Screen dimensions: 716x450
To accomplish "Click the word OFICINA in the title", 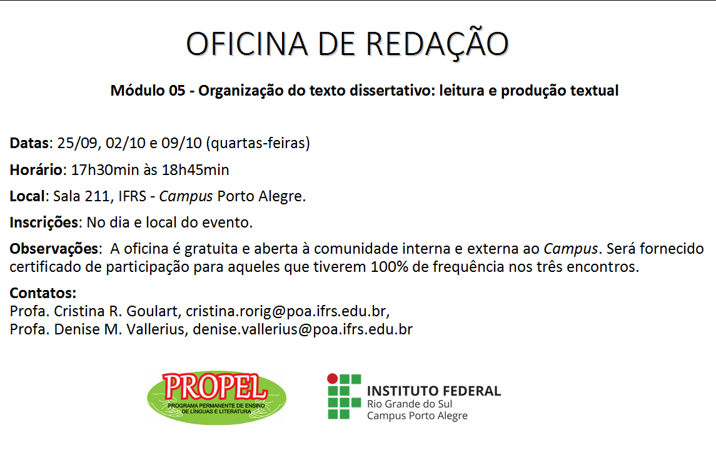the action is pos(247,44).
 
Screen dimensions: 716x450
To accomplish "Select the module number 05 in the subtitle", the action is pos(177,91).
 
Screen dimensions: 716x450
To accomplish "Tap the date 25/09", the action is pos(77,143).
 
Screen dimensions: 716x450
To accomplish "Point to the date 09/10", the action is pos(181,143).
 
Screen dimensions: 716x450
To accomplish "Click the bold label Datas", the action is pos(29,143).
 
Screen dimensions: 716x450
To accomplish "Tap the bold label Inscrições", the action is pos(44,222).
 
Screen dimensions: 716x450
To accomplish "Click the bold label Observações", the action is pos(54,249).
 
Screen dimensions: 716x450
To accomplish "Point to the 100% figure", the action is pos(389,266).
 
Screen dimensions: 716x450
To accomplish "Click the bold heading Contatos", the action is pos(43,293).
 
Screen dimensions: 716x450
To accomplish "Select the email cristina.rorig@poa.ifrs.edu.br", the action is pos(286,311).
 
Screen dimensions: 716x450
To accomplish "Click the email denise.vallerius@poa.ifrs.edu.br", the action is pos(302,329).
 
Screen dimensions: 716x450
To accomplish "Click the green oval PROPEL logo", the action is pos(216,398).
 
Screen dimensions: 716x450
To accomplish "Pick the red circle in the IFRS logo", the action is pos(333,379).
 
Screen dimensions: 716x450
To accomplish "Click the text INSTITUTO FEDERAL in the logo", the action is pos(434,391).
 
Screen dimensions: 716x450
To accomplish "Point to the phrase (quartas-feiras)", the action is pos(258,143).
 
